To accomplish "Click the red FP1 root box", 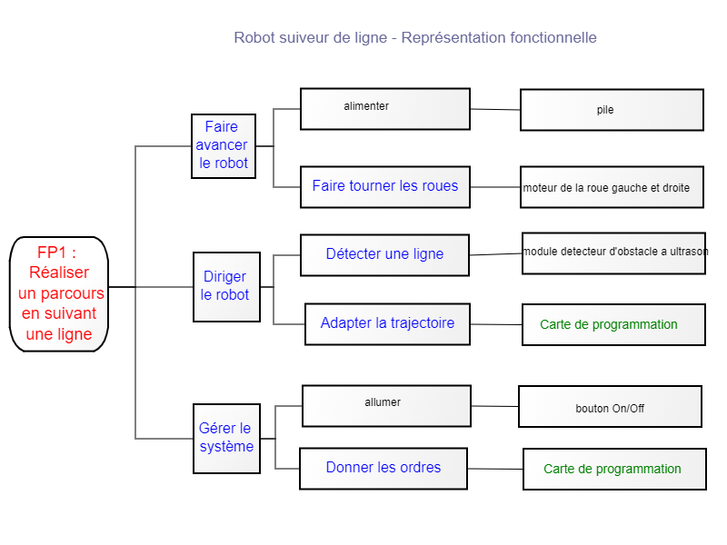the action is [59, 294].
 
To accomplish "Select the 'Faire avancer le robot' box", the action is [224, 146].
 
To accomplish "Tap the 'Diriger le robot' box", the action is [226, 287].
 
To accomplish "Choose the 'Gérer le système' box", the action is [226, 439].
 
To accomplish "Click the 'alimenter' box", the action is [385, 109].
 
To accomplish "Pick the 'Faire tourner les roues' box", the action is [385, 187].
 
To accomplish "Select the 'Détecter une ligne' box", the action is [384, 255].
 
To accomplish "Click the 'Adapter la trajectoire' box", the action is [388, 324].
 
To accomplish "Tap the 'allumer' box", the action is [387, 406].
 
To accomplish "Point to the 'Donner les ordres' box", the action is [383, 469].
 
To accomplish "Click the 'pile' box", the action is [612, 110].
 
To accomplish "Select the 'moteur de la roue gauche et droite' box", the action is [612, 187].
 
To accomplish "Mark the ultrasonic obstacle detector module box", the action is [614, 253].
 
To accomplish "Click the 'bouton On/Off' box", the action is [610, 406].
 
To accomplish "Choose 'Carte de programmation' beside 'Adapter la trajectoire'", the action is [614, 325].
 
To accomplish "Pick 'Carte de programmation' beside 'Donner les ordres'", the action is [615, 469].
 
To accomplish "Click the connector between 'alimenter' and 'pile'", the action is [495, 109].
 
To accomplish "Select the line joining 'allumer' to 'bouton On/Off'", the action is [494, 406].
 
